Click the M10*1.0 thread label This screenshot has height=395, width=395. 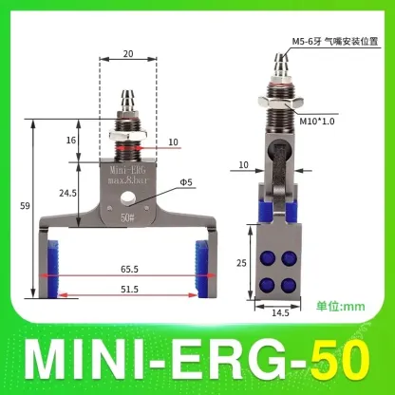[x=319, y=119]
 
